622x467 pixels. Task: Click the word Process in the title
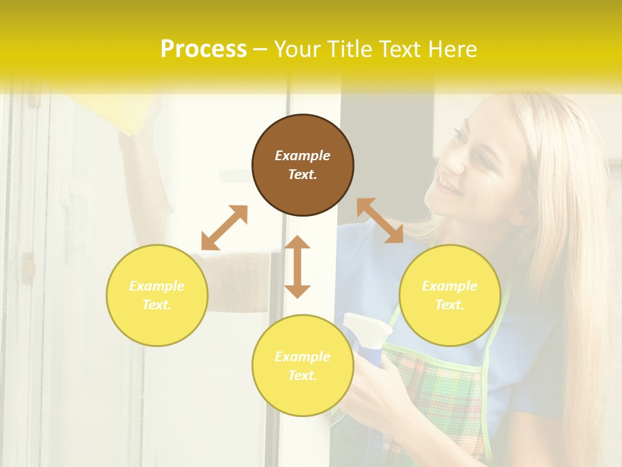point(203,49)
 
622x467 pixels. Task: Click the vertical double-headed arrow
point(297,267)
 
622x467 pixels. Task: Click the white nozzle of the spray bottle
point(366,325)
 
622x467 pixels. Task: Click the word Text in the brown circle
point(303,174)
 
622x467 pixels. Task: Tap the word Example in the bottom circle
point(303,357)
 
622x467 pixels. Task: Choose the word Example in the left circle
point(157,286)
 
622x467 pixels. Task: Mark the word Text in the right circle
point(450,305)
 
